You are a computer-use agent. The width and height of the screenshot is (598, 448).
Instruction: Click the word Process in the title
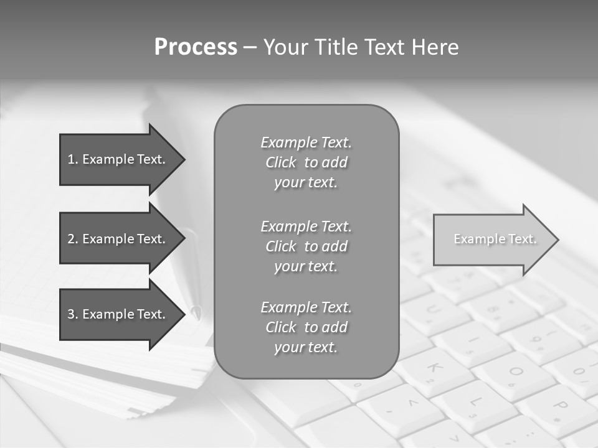pyautogui.click(x=196, y=47)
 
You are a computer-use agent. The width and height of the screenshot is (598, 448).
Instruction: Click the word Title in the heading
pyautogui.click(x=340, y=47)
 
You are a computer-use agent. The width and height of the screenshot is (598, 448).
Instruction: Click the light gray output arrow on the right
pyautogui.click(x=492, y=240)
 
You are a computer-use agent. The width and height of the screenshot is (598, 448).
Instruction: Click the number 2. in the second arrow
pyautogui.click(x=72, y=239)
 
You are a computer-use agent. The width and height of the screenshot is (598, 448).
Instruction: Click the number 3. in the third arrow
pyautogui.click(x=72, y=314)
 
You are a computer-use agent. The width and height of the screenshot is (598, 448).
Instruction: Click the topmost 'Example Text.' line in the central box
pyautogui.click(x=306, y=142)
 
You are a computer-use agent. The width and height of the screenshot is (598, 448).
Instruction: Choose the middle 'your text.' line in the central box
pyautogui.click(x=306, y=266)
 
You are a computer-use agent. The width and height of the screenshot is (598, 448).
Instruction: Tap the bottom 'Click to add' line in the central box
pyautogui.click(x=306, y=327)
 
